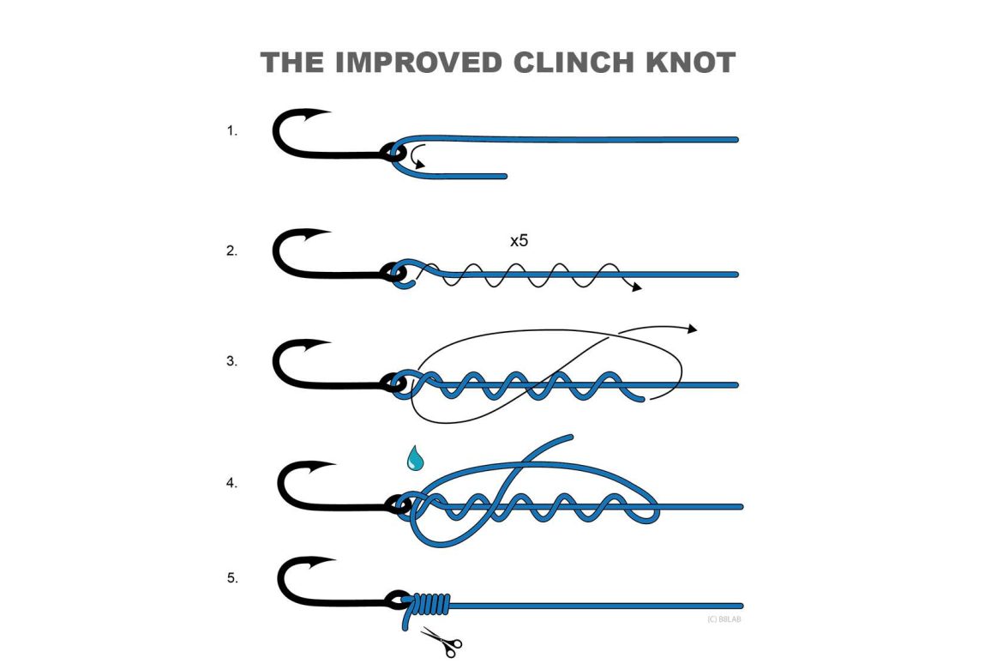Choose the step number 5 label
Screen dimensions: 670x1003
(231, 578)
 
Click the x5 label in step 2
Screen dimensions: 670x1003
(519, 241)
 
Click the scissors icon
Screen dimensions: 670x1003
(441, 641)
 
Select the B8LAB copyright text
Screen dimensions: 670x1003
(724, 619)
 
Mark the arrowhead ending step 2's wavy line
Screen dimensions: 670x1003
(636, 288)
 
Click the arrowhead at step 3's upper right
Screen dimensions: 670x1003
(693, 329)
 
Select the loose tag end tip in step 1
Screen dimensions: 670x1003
(504, 176)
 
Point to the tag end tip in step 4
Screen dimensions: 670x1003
(569, 438)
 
